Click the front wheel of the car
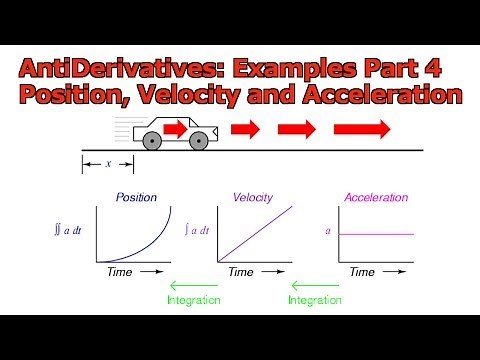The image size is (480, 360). pos(200,141)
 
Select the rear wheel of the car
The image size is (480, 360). pos(151,141)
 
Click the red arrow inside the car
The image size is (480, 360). pos(176,128)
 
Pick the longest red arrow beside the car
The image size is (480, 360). pos(363,129)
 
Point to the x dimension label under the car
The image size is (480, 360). pos(108,162)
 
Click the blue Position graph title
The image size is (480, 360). pos(136,197)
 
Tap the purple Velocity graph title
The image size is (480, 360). pos(253,197)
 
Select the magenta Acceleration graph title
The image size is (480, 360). pos(376,197)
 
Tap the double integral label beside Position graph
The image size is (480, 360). pos(72,232)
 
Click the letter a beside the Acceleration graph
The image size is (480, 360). pos(327,231)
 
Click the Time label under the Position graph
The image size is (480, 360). pos(119,271)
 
